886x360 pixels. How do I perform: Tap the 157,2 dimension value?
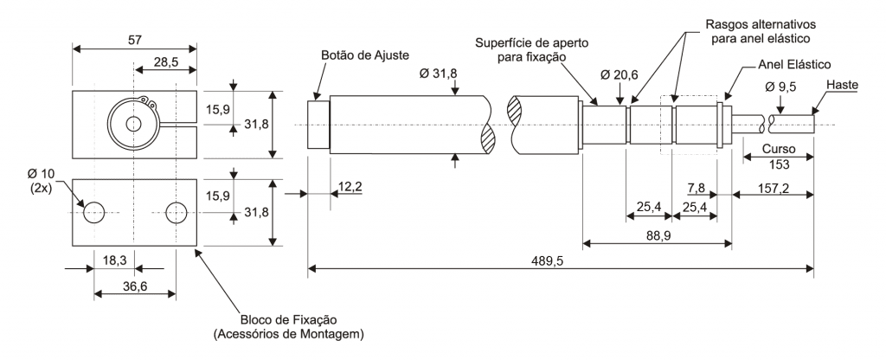(774, 188)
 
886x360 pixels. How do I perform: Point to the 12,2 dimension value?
(350, 188)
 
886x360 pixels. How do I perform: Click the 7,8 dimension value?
(697, 188)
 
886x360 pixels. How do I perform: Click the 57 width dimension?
(134, 40)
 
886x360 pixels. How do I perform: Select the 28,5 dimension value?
(166, 63)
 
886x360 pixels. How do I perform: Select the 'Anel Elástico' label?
(793, 65)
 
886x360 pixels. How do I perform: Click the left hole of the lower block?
(93, 211)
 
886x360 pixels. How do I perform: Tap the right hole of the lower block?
(177, 211)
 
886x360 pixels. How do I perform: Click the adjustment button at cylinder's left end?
(318, 125)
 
